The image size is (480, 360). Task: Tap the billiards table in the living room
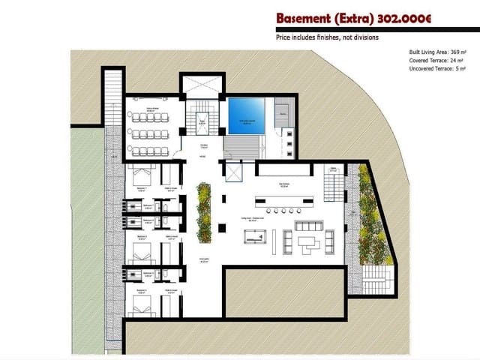point(254,237)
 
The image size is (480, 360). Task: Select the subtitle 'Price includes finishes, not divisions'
point(326,37)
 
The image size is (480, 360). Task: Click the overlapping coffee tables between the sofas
point(308,241)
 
